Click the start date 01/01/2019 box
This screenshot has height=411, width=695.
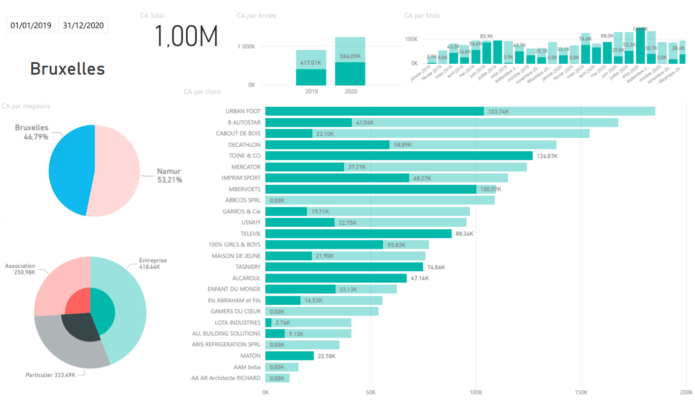[x=31, y=26]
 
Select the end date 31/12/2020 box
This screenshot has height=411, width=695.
[x=83, y=26]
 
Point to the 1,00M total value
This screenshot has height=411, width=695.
[x=186, y=37]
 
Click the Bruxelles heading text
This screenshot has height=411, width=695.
[x=68, y=69]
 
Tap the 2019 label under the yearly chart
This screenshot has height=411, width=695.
[x=311, y=92]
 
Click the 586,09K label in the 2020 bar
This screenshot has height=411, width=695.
[x=350, y=57]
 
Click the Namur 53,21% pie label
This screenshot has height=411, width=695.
[x=169, y=175]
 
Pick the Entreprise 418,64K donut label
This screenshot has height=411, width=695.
[x=153, y=263]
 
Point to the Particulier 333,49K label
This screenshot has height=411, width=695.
[x=50, y=375]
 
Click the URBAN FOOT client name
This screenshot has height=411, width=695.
[x=243, y=111]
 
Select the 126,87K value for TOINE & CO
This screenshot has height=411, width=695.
[x=547, y=156]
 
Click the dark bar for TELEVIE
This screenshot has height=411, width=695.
[x=358, y=234]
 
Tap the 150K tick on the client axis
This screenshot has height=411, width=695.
[x=581, y=393]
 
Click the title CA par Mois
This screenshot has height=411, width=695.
[x=422, y=16]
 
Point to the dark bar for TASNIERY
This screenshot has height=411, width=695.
[x=344, y=267]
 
